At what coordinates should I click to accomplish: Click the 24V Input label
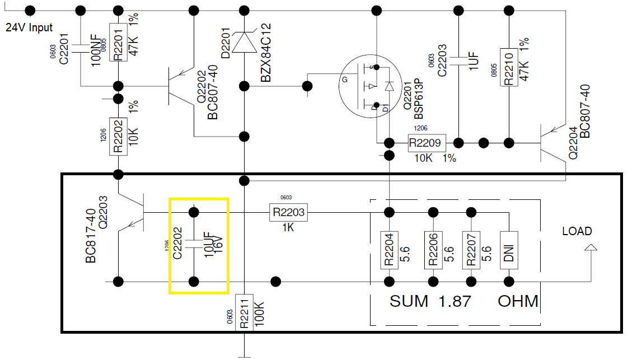29,27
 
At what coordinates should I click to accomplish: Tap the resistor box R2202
118,136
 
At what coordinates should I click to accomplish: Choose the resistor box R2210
509,68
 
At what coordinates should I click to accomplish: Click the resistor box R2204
387,250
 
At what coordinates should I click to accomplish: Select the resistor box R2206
432,250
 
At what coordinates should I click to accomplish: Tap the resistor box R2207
471,250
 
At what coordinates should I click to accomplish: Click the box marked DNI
509,250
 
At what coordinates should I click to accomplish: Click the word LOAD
577,231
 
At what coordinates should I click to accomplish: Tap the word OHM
518,301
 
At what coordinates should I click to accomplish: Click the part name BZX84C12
266,53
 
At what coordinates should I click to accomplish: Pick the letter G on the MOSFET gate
345,80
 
